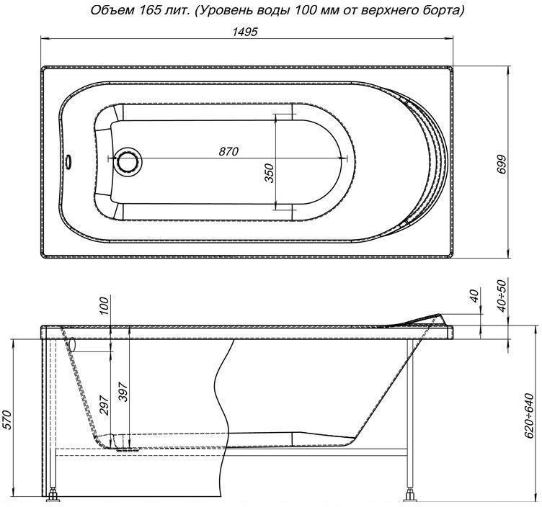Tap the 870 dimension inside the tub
[228, 151]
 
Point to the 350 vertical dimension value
[269, 173]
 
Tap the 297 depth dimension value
[105, 408]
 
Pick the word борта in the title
[441, 10]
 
